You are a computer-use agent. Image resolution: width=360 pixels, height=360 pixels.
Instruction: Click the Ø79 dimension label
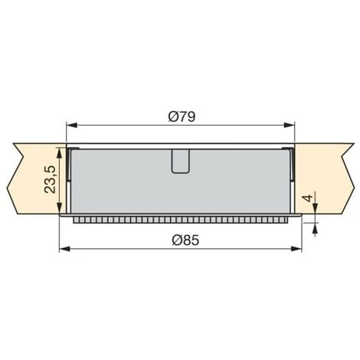coord(182,116)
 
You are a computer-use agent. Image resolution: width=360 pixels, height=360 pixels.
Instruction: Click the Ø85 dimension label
coord(185,241)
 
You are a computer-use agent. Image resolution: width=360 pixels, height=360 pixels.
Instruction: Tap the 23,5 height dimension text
coord(50,179)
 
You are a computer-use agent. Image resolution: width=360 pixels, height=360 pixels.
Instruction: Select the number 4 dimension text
coord(308,198)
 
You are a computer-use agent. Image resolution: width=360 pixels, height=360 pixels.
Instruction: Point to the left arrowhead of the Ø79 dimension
coord(71,125)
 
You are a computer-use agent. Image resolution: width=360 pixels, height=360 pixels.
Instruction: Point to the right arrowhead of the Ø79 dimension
coord(290,125)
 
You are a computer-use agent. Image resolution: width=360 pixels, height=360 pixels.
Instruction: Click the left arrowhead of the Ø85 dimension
coord(65,249)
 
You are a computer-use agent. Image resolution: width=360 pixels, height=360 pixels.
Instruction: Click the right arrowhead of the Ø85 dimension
coord(296,249)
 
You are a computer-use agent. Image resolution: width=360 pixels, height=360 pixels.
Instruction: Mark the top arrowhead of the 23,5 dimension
coord(59,153)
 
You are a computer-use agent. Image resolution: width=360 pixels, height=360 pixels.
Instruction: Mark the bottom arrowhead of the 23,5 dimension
coord(59,208)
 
